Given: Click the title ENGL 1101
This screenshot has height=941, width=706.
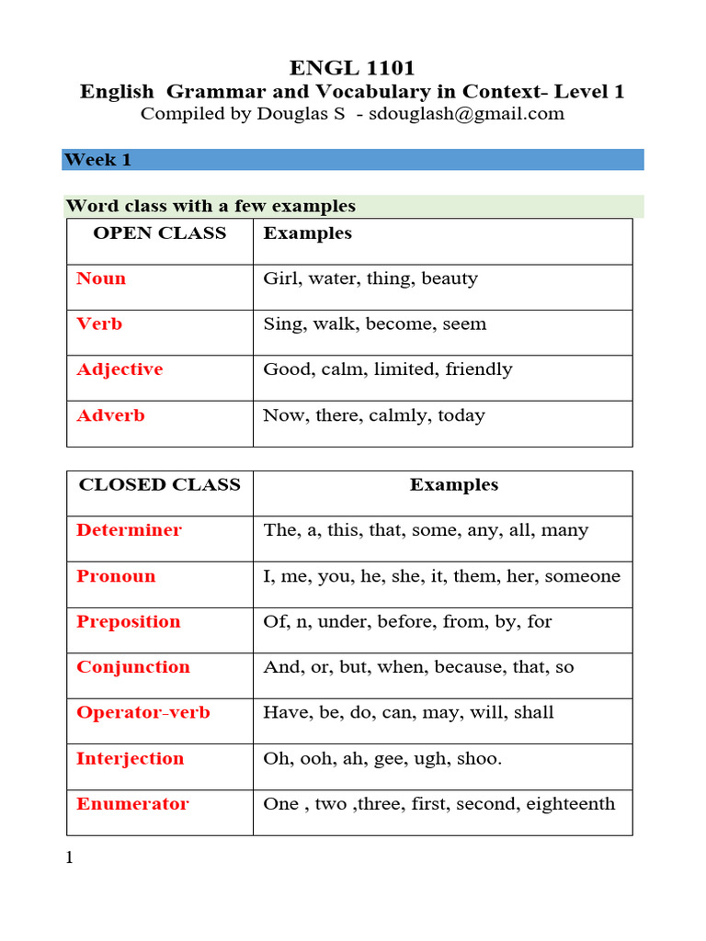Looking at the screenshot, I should point(352,68).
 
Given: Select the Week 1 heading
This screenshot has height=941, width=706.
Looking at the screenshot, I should point(97,160).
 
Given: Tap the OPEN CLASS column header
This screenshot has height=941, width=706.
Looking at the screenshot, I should point(159,233).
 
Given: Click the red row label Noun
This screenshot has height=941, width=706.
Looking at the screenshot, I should point(101,278).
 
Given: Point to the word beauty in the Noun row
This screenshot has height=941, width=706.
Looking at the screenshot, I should point(450,278).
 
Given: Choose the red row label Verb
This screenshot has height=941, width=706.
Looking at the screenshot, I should point(99,324).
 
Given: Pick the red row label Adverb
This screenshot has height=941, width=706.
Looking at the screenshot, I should point(110,415).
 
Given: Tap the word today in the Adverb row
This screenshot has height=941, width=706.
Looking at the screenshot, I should point(461,415).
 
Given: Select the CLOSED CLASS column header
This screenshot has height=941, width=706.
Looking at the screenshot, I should point(159,484).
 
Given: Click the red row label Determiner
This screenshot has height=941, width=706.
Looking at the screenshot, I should point(129,530).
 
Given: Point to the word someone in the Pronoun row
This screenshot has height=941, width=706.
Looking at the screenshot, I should point(584,576).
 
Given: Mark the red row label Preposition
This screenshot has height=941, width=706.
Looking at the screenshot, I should point(128,621).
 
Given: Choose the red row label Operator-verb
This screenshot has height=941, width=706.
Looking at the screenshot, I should point(142,712).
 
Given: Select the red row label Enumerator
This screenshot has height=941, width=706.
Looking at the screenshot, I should point(132,804).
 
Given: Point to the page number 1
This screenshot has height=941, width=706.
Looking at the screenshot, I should point(68,858).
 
